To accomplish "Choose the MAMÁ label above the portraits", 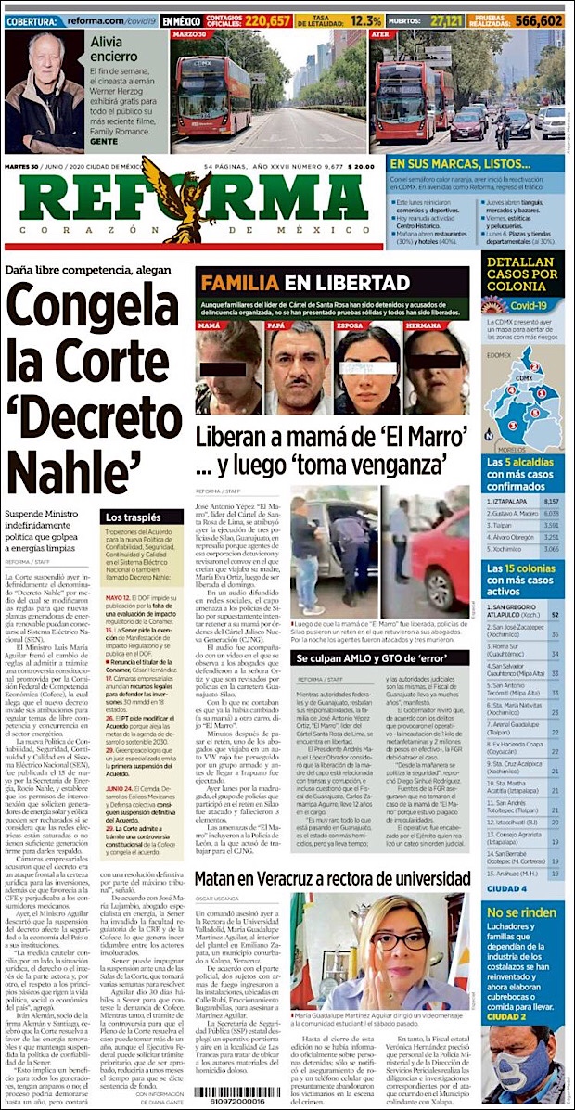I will (x=210, y=326).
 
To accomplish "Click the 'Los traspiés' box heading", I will (x=126, y=517).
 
